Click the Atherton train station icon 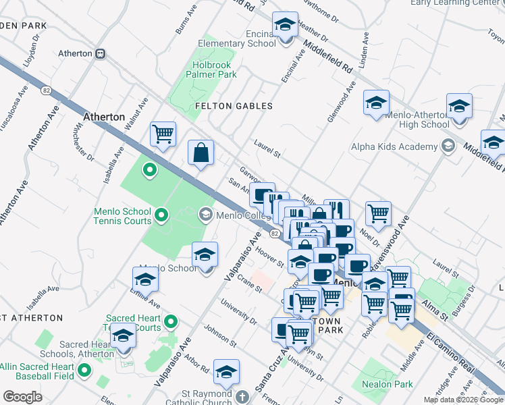(100, 53)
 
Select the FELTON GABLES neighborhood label (234, 106)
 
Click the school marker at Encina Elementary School (286, 26)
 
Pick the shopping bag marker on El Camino (201, 153)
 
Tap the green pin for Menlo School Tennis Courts (161, 215)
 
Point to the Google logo (23, 397)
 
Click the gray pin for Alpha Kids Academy (447, 146)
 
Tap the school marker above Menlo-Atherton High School (459, 106)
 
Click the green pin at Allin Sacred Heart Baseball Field (84, 370)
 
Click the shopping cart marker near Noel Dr (378, 214)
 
